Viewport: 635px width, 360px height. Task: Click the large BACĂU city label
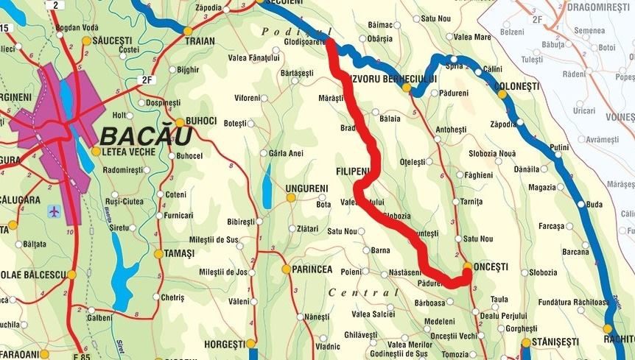tap(146, 136)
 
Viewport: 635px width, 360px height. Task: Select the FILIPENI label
tap(352, 172)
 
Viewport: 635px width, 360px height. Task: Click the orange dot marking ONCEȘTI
tap(468, 266)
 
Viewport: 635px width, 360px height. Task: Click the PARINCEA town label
tap(312, 269)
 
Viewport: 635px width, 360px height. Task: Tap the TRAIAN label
tap(200, 41)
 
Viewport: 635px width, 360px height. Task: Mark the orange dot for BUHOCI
tap(179, 121)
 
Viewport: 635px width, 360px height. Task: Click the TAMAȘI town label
tap(179, 253)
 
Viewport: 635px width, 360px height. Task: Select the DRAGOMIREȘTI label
tap(599, 6)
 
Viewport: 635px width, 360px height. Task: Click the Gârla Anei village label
tap(287, 153)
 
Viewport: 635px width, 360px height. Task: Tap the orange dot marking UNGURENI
tap(291, 197)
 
